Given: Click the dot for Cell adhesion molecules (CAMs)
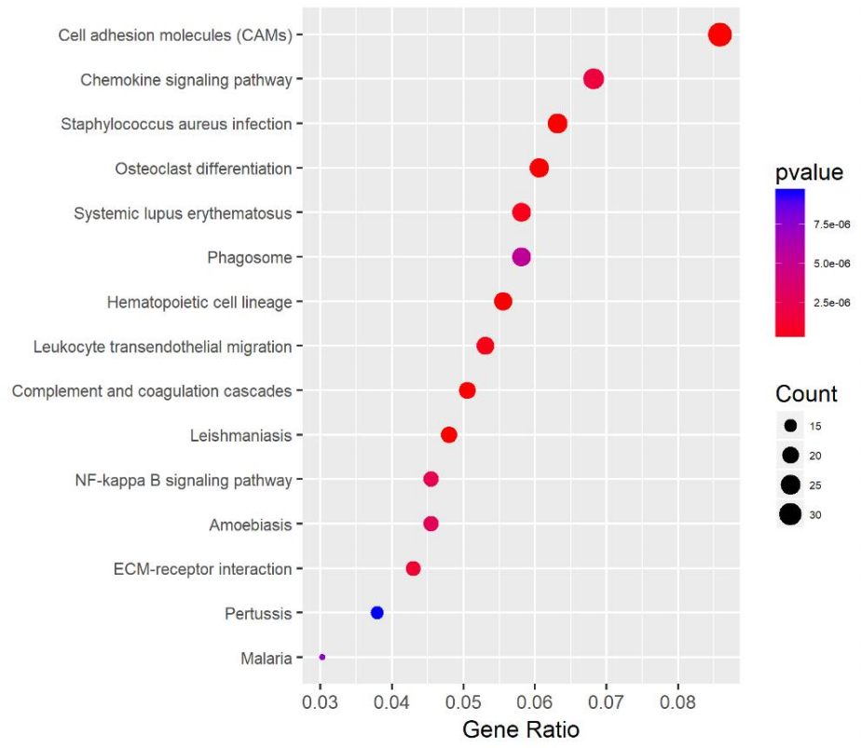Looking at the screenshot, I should [x=719, y=35].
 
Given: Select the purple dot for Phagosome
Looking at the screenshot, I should [x=521, y=257].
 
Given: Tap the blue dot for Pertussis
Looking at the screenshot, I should [x=376, y=613].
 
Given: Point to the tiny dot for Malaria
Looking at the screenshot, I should [x=322, y=658].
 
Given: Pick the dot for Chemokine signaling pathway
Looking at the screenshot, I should [x=594, y=79].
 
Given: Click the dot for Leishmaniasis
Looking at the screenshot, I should [x=449, y=435].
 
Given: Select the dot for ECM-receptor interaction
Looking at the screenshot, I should [x=413, y=568].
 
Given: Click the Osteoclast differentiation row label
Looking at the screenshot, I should [x=203, y=169].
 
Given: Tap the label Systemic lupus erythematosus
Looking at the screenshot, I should [x=183, y=213].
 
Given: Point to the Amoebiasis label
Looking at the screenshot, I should [x=251, y=524].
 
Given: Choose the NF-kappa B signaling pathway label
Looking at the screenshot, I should [x=184, y=481].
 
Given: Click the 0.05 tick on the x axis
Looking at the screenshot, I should [x=463, y=699].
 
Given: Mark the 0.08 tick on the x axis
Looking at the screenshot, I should [x=677, y=699].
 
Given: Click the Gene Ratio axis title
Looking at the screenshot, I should [x=521, y=729].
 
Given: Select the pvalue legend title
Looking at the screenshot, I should [x=809, y=172].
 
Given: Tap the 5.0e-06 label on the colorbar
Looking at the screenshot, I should [x=831, y=264].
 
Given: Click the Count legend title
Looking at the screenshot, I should [x=806, y=394].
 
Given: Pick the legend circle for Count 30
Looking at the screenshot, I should [x=791, y=514].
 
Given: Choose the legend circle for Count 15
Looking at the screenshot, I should [x=791, y=426].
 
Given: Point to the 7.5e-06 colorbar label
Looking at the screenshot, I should [x=831, y=224].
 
